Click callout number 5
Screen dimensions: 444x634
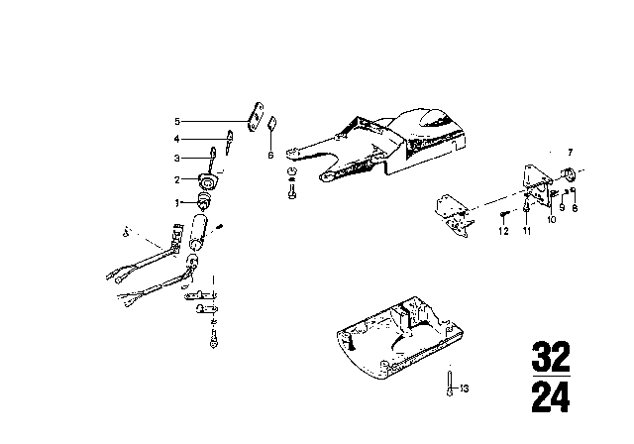click(177, 122)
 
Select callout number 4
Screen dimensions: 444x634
click(177, 140)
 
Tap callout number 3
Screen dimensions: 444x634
click(177, 158)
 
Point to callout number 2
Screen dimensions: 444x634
click(177, 179)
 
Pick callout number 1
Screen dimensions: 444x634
click(177, 202)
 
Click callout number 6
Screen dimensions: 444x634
click(268, 155)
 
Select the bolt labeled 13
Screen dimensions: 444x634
click(451, 380)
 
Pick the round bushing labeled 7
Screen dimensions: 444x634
click(570, 175)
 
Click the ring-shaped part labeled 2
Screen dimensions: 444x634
click(208, 180)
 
